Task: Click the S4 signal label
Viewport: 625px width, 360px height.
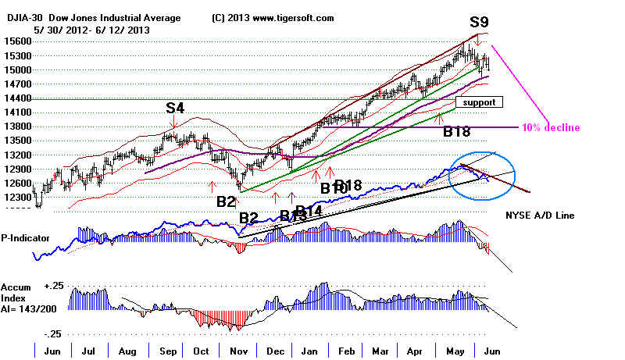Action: [175, 108]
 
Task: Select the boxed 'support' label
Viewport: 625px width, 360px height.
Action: [479, 102]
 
